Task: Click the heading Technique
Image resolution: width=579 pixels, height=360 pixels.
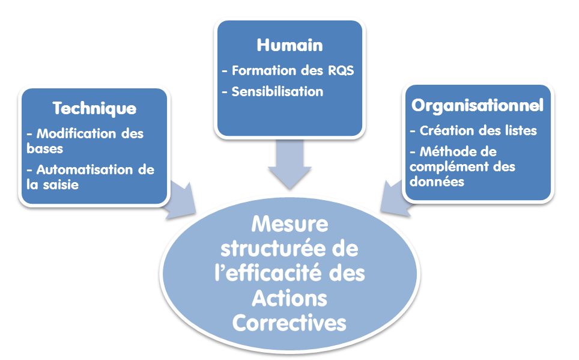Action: click(94, 109)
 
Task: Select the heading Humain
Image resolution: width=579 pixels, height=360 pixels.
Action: click(289, 45)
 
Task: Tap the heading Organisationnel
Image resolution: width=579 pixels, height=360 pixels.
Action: click(477, 105)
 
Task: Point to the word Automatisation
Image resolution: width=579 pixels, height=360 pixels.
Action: click(79, 169)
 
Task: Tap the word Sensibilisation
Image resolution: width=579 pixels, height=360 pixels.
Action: click(277, 92)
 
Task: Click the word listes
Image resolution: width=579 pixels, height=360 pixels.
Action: click(520, 130)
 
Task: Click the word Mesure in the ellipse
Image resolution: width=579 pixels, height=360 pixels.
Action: click(289, 224)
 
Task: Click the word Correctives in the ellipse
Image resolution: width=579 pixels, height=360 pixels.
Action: click(289, 323)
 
